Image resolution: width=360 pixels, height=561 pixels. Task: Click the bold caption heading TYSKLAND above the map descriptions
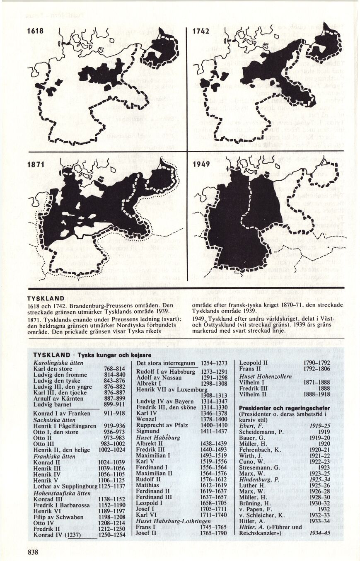point(46,298)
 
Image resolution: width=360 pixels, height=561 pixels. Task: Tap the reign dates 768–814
point(114,369)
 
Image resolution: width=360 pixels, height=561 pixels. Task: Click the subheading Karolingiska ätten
point(53,363)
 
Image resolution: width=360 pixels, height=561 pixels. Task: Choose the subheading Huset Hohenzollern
point(265,377)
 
